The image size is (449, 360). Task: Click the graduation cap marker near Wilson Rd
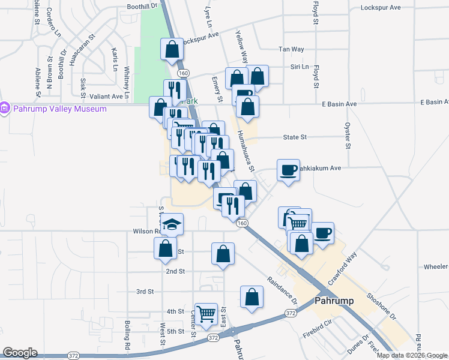(x=172, y=224)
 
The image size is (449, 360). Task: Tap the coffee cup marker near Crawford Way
(x=322, y=232)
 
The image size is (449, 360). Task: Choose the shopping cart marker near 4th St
(x=206, y=313)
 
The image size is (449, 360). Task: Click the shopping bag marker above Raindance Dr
(x=252, y=296)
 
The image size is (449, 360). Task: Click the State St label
(x=295, y=137)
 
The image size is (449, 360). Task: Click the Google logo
(x=20, y=353)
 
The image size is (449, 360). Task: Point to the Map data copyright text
(x=411, y=355)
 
